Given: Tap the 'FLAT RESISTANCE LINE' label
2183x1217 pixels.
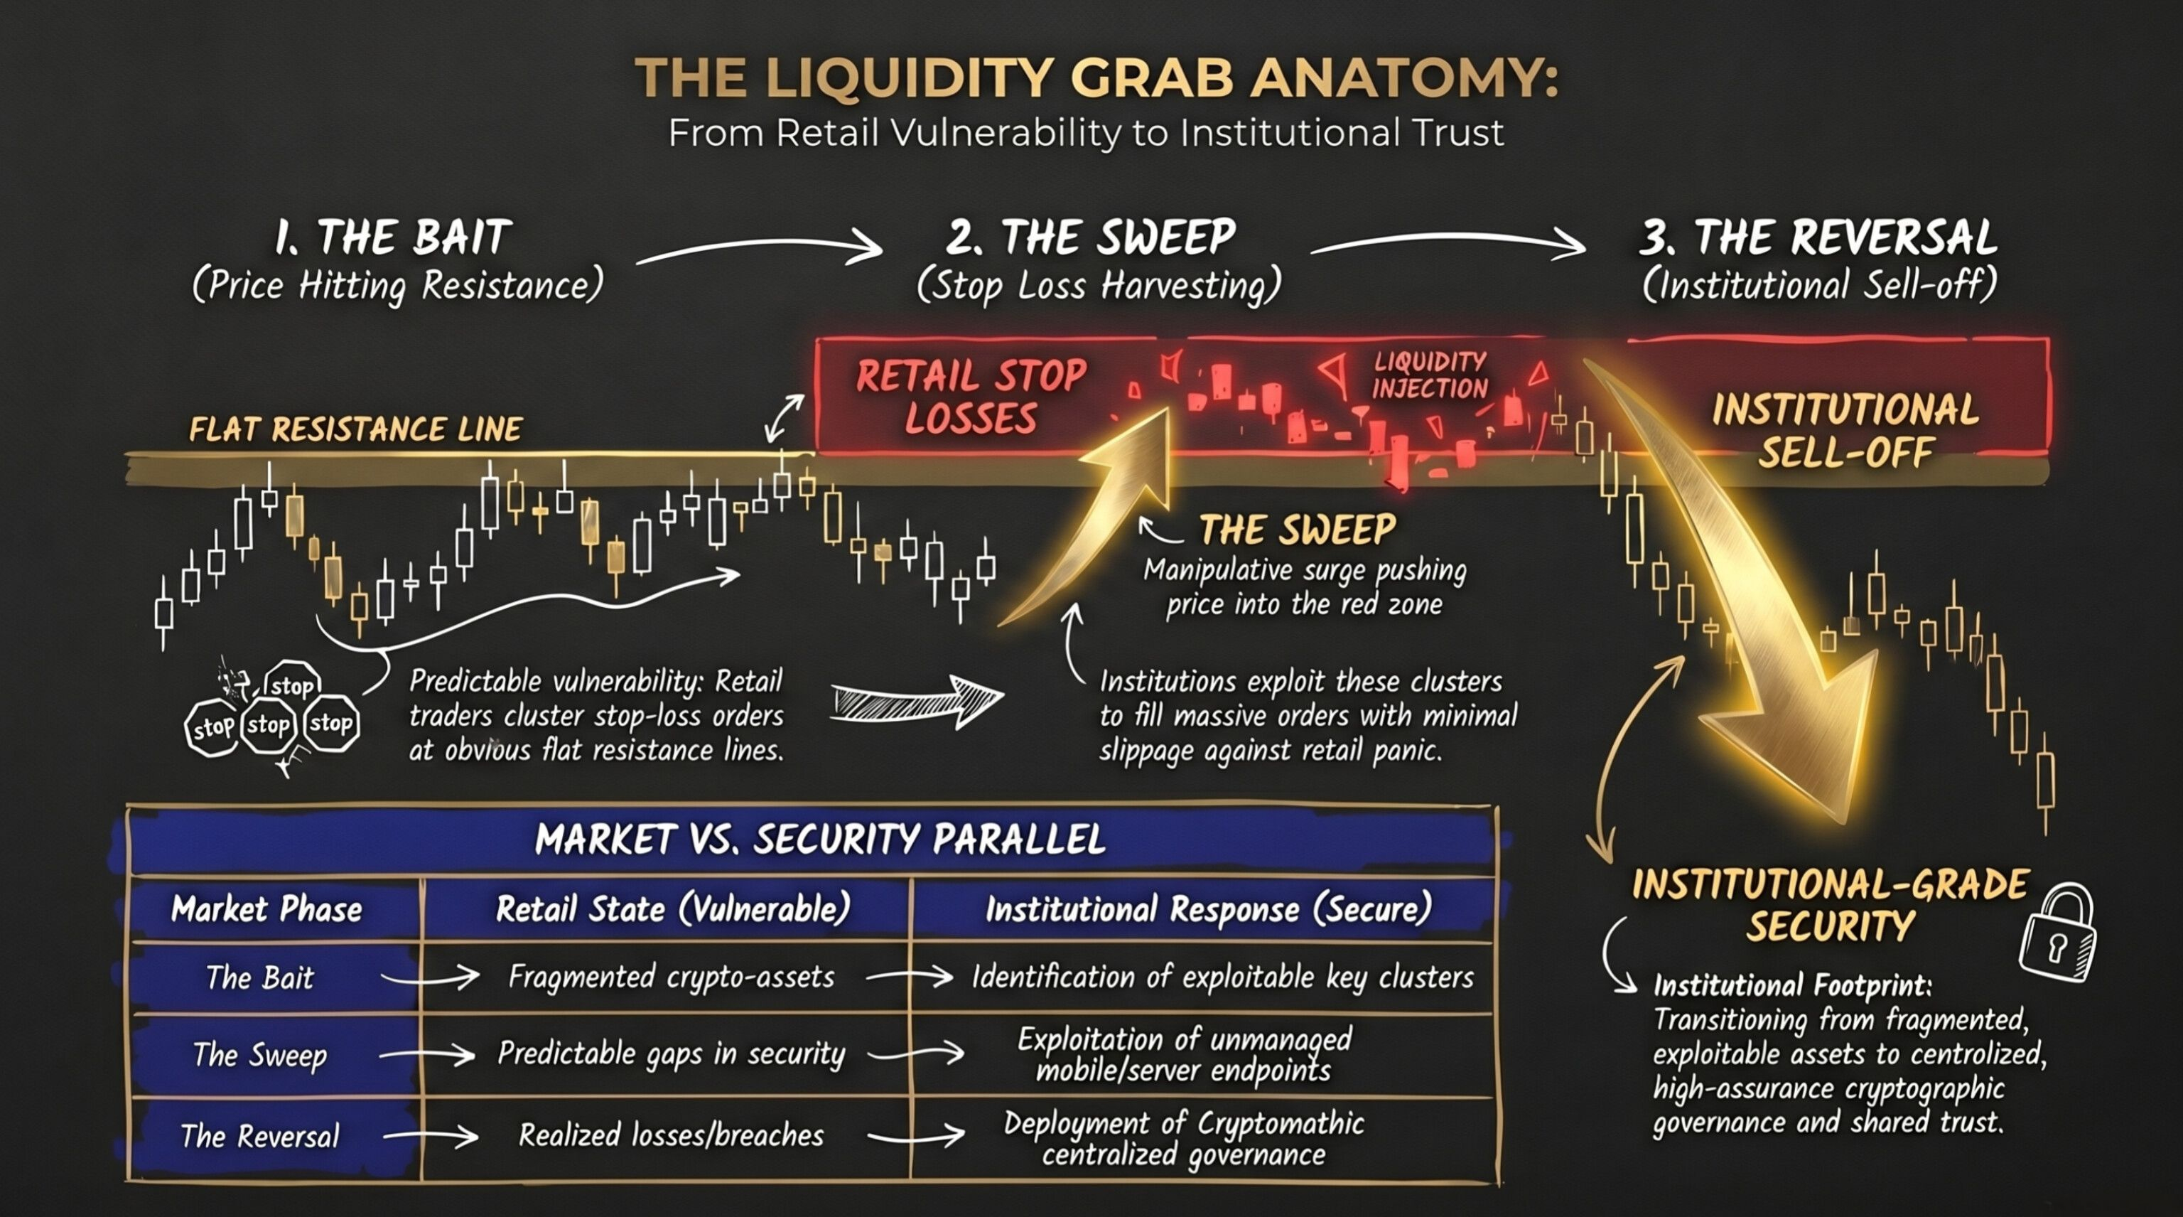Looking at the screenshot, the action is coord(355,429).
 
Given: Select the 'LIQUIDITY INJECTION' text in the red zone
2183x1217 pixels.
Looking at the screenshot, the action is coord(1430,375).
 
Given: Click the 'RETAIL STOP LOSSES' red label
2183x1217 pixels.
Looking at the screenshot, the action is coord(971,397).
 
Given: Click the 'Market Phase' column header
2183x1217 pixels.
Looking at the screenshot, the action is coord(266,909).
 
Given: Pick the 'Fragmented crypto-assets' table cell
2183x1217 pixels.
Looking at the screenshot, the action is coord(671,977).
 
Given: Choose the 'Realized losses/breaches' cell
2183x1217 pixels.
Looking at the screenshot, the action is coord(671,1135).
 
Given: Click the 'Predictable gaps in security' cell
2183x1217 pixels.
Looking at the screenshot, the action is coord(671,1054).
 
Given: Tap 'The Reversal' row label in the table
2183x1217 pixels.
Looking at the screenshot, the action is coord(260,1136).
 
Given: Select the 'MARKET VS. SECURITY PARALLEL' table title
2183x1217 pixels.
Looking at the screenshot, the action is coord(820,839).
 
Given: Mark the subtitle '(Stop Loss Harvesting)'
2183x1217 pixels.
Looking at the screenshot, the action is coord(1099,286).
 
